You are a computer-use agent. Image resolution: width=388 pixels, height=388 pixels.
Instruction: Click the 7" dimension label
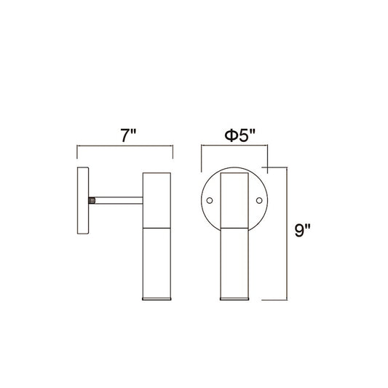click(128, 135)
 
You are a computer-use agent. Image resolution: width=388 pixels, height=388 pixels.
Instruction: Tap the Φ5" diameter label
click(239, 135)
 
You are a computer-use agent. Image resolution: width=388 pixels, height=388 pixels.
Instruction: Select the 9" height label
click(302, 230)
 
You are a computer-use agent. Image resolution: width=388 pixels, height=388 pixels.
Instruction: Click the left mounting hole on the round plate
click(210, 200)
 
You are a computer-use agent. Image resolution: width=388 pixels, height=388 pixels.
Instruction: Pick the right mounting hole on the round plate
click(259, 200)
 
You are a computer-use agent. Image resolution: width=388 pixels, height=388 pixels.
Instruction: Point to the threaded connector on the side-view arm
click(92, 200)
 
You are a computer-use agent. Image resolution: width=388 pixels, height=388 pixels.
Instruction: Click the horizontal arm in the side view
click(119, 200)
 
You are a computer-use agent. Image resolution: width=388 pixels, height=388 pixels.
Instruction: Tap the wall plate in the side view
click(83, 200)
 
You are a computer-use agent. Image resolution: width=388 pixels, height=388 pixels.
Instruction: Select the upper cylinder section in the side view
click(157, 200)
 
